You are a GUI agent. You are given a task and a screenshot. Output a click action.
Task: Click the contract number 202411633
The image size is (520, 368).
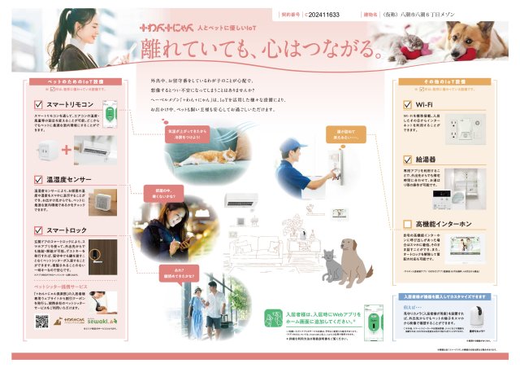[x=316, y=15]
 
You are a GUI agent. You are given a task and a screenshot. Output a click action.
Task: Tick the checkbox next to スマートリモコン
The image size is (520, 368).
[x=38, y=105]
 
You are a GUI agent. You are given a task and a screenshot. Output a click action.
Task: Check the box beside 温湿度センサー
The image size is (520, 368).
[x=38, y=178]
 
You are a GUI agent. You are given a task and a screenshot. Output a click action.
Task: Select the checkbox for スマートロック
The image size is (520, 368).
[x=38, y=231]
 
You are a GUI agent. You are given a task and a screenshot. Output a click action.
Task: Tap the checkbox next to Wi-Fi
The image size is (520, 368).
[x=407, y=105]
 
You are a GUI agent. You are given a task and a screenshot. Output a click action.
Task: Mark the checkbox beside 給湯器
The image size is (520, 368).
[x=407, y=160]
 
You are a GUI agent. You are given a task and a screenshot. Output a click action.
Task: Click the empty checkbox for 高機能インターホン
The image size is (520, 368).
[x=407, y=224]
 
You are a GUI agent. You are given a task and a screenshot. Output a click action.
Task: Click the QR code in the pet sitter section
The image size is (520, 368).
[x=42, y=322]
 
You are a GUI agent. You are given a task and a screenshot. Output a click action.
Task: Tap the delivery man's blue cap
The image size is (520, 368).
[x=289, y=147]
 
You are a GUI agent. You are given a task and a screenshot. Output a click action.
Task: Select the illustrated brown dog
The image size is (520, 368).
[x=351, y=259]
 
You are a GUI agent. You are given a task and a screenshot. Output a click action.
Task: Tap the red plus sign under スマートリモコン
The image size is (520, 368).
[x=67, y=150]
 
